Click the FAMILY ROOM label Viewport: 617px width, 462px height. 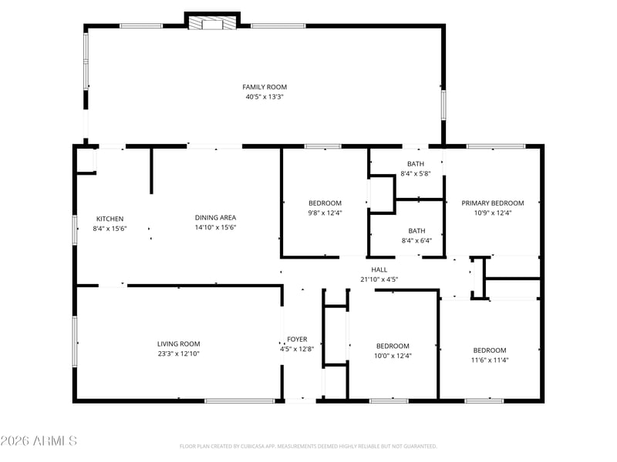(x=265, y=87)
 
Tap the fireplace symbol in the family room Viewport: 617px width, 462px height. (x=213, y=22)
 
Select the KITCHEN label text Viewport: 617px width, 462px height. (x=110, y=219)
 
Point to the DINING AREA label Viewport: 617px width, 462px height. (x=215, y=217)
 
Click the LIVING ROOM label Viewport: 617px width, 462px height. (x=179, y=343)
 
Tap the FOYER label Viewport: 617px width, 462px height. (x=297, y=339)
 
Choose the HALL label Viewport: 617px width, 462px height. (x=379, y=269)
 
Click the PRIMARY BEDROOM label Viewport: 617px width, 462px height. (x=493, y=203)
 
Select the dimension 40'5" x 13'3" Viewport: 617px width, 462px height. (x=265, y=97)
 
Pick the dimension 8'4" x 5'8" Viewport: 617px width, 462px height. (x=416, y=173)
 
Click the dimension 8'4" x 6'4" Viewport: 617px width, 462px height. (x=416, y=240)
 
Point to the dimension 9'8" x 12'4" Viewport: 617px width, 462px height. (x=325, y=213)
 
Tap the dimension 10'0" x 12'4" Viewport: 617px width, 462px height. (x=393, y=356)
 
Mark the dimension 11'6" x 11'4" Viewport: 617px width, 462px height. (x=490, y=360)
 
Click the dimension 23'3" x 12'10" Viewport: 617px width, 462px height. (x=179, y=353)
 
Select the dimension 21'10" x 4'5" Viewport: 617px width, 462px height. (x=379, y=280)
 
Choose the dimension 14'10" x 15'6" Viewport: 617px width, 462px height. (x=215, y=227)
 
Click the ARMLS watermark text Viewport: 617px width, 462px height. (x=39, y=440)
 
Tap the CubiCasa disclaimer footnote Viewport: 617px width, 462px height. (x=308, y=447)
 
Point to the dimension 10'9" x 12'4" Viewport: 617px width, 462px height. (x=493, y=213)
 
